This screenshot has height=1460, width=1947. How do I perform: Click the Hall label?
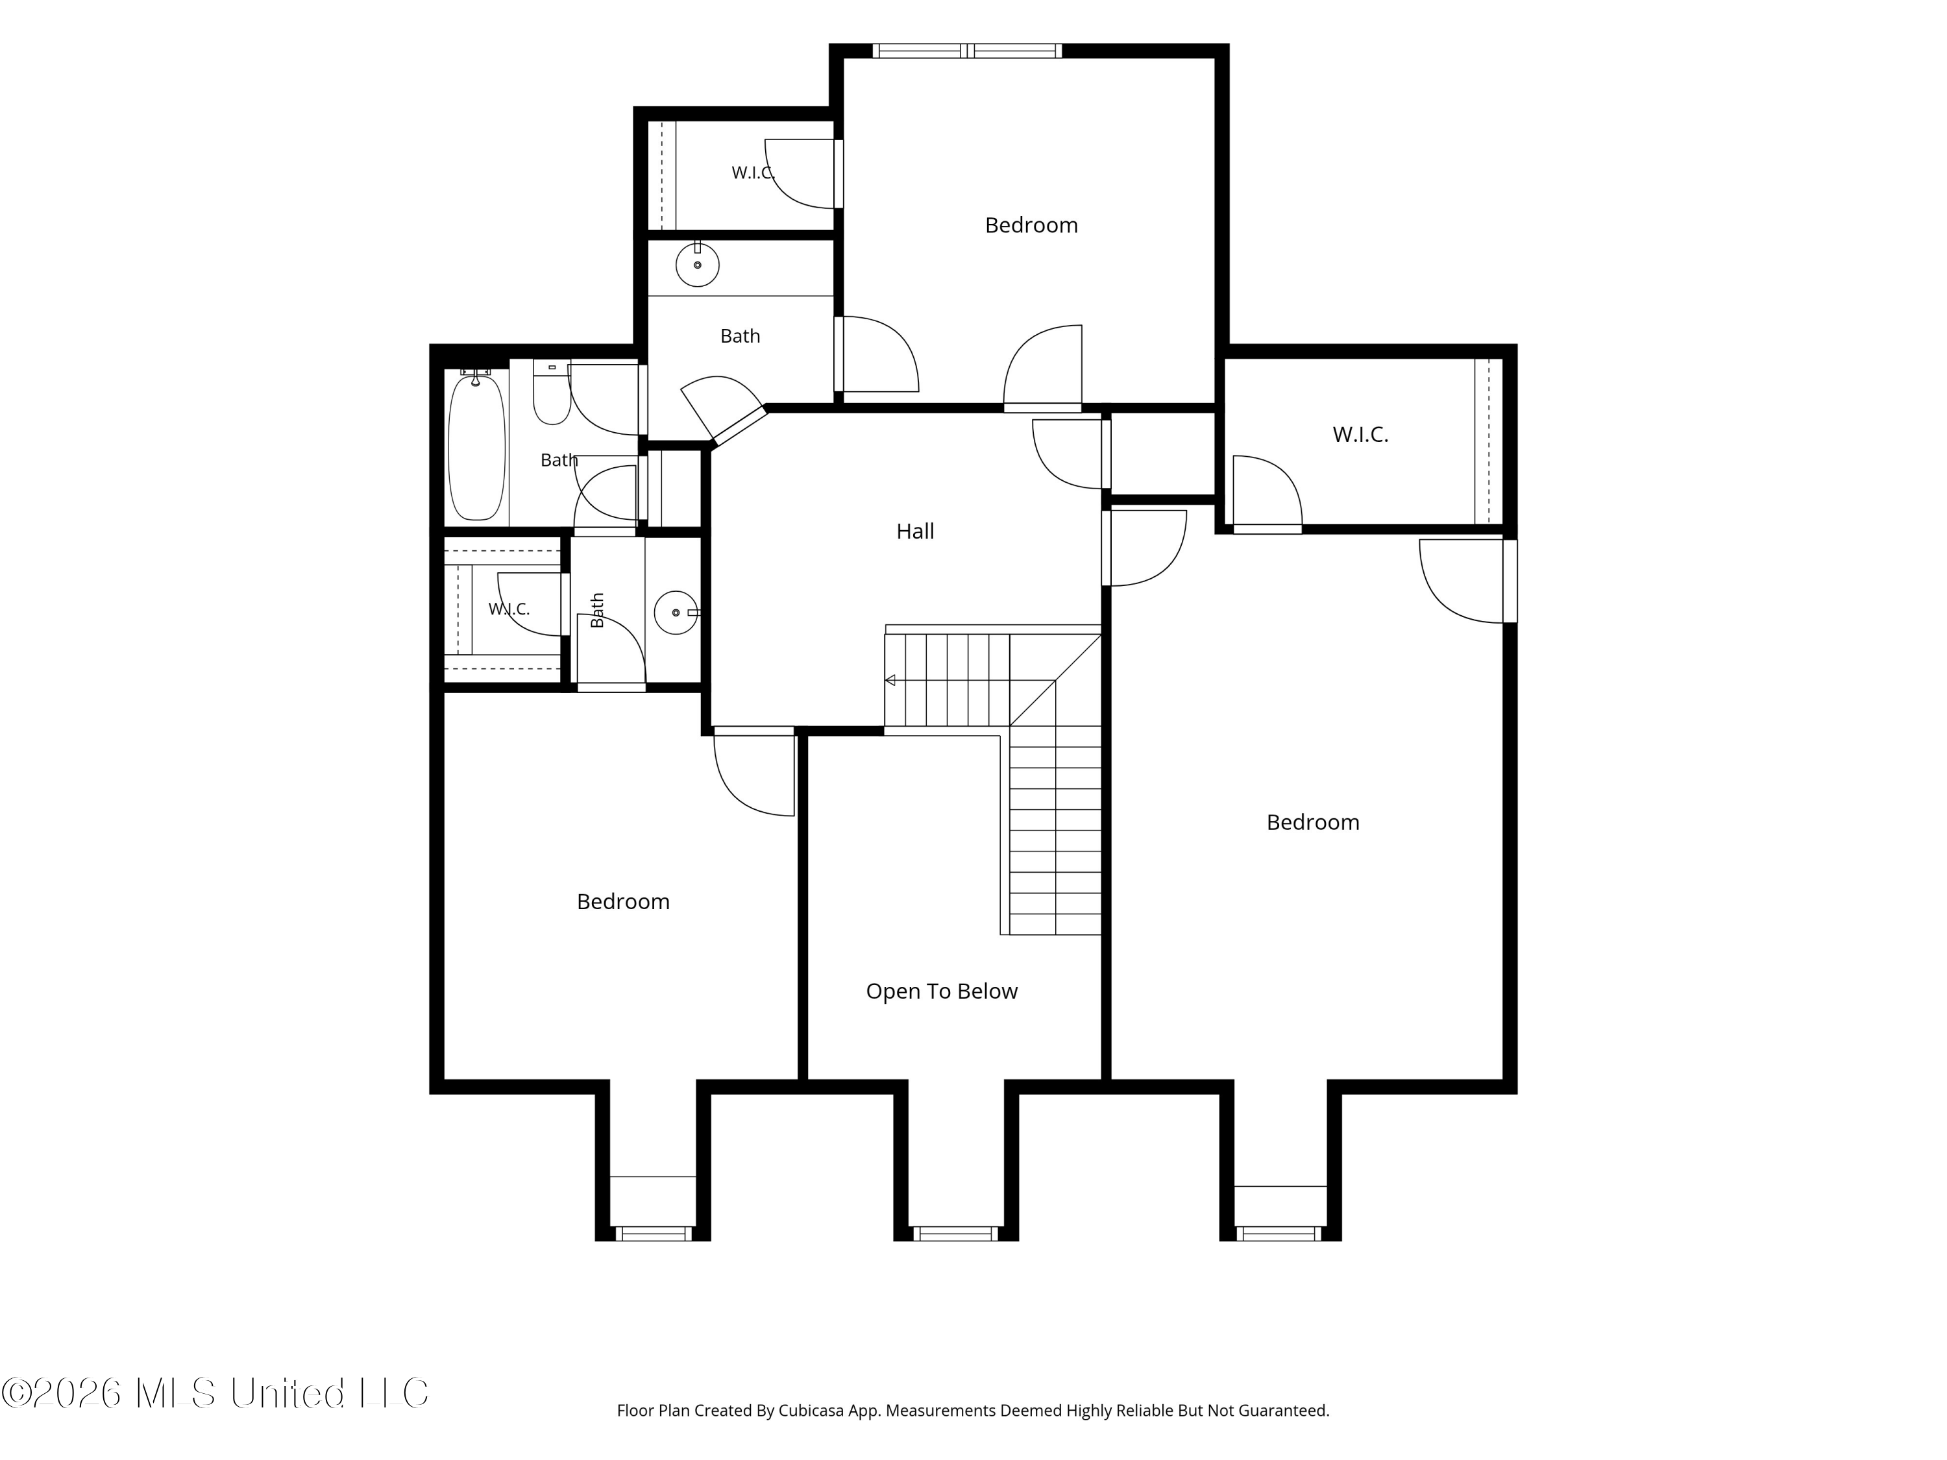pyautogui.click(x=914, y=531)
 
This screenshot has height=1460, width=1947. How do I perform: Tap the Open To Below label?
pyautogui.click(x=941, y=991)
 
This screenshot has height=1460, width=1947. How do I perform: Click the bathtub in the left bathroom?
pyautogui.click(x=477, y=445)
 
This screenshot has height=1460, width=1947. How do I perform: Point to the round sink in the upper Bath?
pyautogui.click(x=697, y=264)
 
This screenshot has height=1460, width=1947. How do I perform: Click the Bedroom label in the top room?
pyautogui.click(x=1031, y=225)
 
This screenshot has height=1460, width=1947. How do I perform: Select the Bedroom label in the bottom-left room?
pyautogui.click(x=623, y=901)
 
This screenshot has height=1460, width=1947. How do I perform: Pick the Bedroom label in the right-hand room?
pyautogui.click(x=1312, y=822)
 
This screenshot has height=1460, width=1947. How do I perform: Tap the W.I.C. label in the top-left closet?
pyautogui.click(x=753, y=173)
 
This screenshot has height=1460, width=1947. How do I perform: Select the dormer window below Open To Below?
pyautogui.click(x=955, y=1233)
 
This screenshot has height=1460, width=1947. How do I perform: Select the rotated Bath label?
pyautogui.click(x=597, y=610)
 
